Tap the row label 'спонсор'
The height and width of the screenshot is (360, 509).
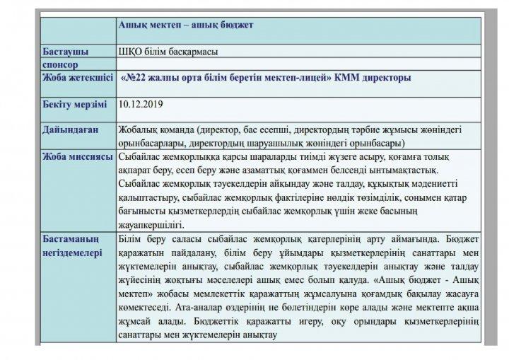coord(60,63)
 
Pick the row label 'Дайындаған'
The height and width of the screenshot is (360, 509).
coord(69,131)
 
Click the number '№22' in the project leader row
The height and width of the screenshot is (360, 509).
coord(144,76)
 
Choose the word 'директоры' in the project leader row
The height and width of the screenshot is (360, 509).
coord(388,76)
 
